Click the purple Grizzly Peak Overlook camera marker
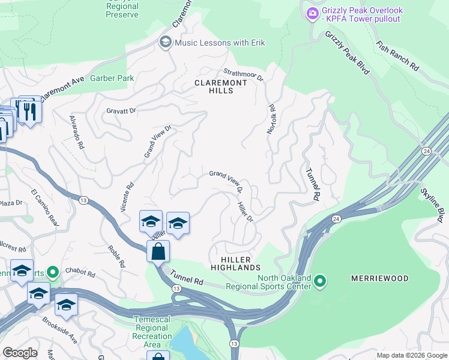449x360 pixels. tap(312, 14)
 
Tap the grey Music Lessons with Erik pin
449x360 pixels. tap(164, 42)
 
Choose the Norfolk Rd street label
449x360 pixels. tap(272, 119)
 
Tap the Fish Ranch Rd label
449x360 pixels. tap(397, 56)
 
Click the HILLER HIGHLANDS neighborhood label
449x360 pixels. tap(236, 262)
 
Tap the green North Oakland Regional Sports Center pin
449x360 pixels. tap(320, 280)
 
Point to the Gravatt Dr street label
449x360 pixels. tap(122, 111)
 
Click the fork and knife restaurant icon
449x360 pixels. tap(29, 110)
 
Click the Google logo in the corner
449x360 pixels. tap(20, 353)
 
